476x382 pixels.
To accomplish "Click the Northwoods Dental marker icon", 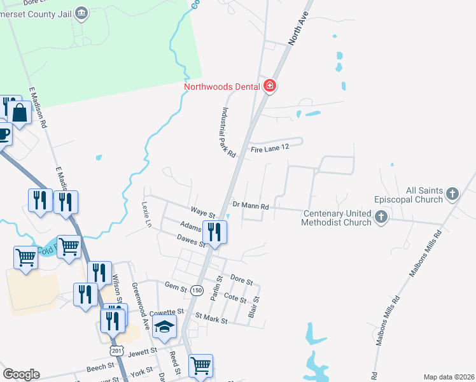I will coord(269,86).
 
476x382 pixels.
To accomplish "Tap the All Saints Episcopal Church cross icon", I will coord(452,193).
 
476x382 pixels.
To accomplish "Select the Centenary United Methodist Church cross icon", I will coord(381,217).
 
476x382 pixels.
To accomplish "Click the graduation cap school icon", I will coord(165,327).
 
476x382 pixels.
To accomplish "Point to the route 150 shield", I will coord(197,290).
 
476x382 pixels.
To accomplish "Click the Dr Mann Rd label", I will coord(251,206).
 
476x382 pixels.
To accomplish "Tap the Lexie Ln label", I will coord(146,215).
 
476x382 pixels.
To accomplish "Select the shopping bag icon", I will coord(19,114).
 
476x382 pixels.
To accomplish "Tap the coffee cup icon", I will coord(4,134).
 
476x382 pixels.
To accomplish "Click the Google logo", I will coord(21,374).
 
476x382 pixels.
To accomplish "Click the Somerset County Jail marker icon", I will coord(81,12).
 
